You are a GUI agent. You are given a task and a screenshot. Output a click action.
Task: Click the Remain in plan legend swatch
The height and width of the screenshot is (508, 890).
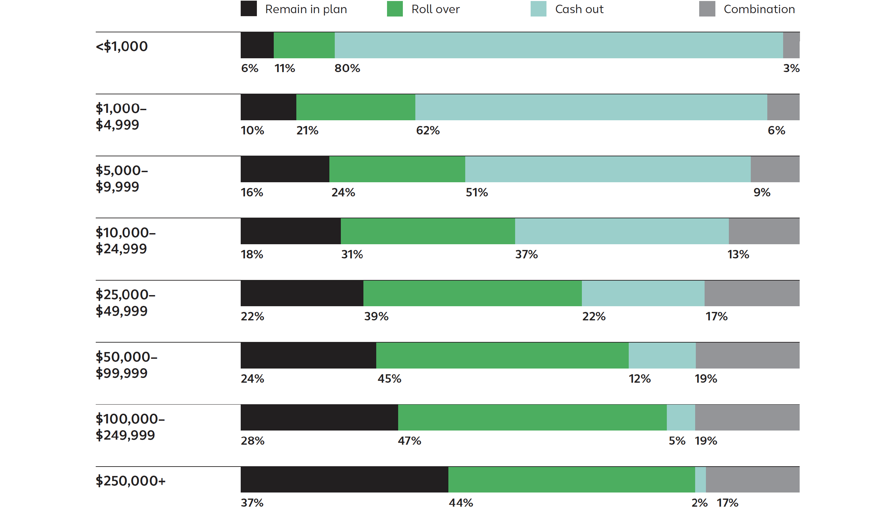pyautogui.click(x=248, y=9)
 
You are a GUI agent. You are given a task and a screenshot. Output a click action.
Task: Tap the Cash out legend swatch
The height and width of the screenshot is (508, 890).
pyautogui.click(x=538, y=9)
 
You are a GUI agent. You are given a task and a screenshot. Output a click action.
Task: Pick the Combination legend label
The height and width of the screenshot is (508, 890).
pyautogui.click(x=759, y=9)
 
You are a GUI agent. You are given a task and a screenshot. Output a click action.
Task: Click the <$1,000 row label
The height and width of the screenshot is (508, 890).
pyautogui.click(x=121, y=46)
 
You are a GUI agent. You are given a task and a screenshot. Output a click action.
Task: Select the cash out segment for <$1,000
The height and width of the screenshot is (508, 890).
pyautogui.click(x=558, y=45)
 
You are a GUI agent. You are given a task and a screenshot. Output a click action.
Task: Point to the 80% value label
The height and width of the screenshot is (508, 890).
pyautogui.click(x=347, y=68)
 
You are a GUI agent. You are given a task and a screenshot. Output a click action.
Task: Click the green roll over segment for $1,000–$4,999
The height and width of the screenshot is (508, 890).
pyautogui.click(x=355, y=107)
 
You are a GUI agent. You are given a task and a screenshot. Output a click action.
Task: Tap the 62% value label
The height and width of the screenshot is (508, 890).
pyautogui.click(x=427, y=130)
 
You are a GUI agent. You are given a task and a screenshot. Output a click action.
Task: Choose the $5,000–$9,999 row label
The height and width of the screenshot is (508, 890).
pyautogui.click(x=121, y=178)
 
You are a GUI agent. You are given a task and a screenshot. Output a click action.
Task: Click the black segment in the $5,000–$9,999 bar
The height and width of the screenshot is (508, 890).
pyautogui.click(x=285, y=169)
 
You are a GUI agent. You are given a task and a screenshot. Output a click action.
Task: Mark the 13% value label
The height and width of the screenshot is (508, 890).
pyautogui.click(x=738, y=254)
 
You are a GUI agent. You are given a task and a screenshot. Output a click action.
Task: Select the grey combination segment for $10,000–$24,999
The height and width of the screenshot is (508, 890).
pyautogui.click(x=764, y=231)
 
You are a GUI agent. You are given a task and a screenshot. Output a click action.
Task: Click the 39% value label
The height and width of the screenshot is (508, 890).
pyautogui.click(x=376, y=316)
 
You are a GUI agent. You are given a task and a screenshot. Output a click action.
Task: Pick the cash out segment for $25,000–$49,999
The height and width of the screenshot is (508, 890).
pyautogui.click(x=643, y=293)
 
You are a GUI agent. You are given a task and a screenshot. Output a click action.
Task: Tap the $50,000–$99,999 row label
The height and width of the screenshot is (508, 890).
pyautogui.click(x=126, y=364)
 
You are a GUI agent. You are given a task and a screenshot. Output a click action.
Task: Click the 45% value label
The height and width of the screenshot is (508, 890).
pyautogui.click(x=389, y=379)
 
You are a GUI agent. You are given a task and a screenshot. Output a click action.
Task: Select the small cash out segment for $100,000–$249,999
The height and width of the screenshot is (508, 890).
pyautogui.click(x=680, y=417)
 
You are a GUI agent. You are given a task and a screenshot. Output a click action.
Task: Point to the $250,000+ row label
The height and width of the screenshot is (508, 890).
pyautogui.click(x=130, y=481)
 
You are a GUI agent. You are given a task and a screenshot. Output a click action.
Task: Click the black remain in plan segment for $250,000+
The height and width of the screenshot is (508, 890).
pyautogui.click(x=344, y=479)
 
